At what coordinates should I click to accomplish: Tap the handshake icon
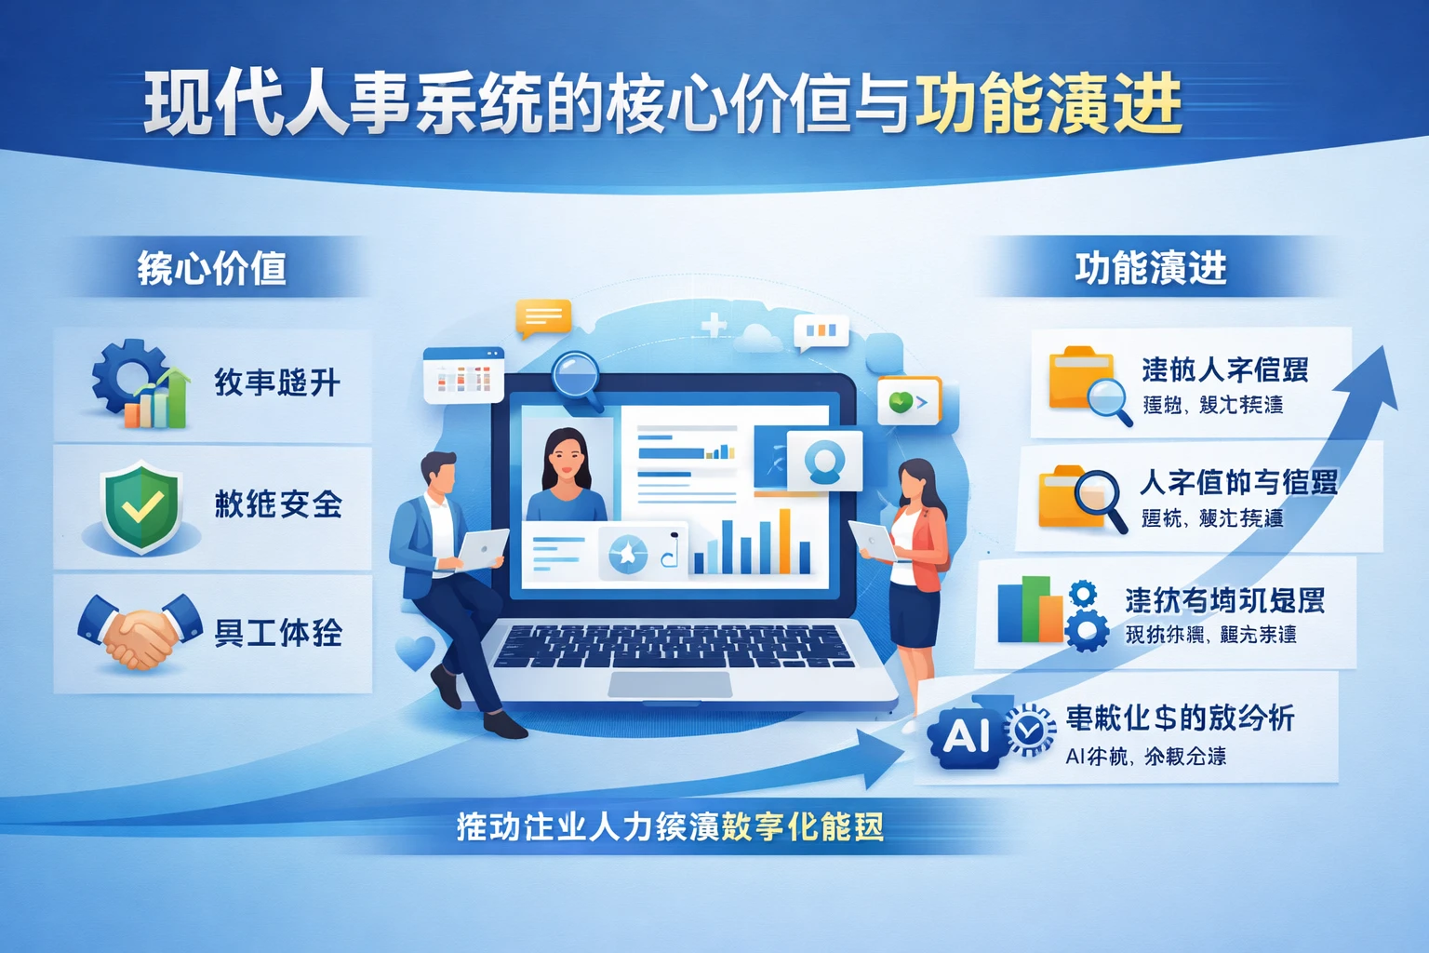140,632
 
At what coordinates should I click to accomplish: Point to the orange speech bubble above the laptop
543,318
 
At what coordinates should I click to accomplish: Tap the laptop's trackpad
670,684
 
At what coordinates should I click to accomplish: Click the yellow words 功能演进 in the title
1048,102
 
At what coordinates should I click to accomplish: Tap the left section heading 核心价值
212,268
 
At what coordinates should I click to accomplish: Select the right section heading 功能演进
1151,268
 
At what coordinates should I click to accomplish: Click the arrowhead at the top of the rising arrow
1379,378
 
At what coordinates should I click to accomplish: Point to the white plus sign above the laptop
714,325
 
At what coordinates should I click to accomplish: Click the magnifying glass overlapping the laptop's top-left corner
577,377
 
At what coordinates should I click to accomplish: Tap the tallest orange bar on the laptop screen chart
785,540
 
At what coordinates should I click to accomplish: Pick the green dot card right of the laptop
909,402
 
